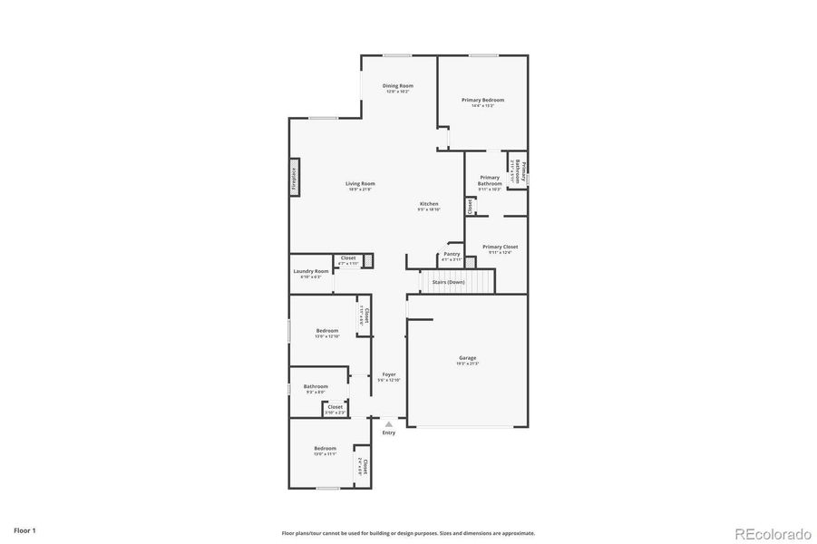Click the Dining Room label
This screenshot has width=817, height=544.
tap(397, 86)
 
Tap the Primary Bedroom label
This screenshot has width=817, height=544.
tap(482, 100)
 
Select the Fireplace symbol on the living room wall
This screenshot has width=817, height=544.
tap(295, 177)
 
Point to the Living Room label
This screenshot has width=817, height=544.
tap(361, 184)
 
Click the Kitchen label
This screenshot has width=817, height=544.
tap(429, 203)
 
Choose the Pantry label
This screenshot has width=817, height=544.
tap(452, 254)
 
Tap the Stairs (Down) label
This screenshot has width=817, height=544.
tap(448, 282)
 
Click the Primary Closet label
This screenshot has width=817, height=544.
tap(500, 247)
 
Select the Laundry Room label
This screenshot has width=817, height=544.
tap(310, 271)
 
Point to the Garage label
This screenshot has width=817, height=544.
tap(467, 358)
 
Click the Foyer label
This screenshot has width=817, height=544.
tap(388, 374)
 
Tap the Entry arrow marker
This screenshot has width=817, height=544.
tap(388, 423)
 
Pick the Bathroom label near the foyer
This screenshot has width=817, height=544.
tap(316, 386)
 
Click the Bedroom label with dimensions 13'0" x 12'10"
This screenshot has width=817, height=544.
tap(326, 331)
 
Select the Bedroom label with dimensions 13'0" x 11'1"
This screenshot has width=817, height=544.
tap(325, 449)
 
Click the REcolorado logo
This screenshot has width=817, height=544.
tap(773, 532)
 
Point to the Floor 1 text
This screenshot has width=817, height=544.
tap(24, 529)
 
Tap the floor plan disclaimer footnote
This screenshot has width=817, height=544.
tap(408, 533)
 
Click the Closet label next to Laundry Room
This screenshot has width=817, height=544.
tap(348, 258)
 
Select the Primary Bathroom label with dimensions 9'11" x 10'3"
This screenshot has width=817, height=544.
tap(490, 180)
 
